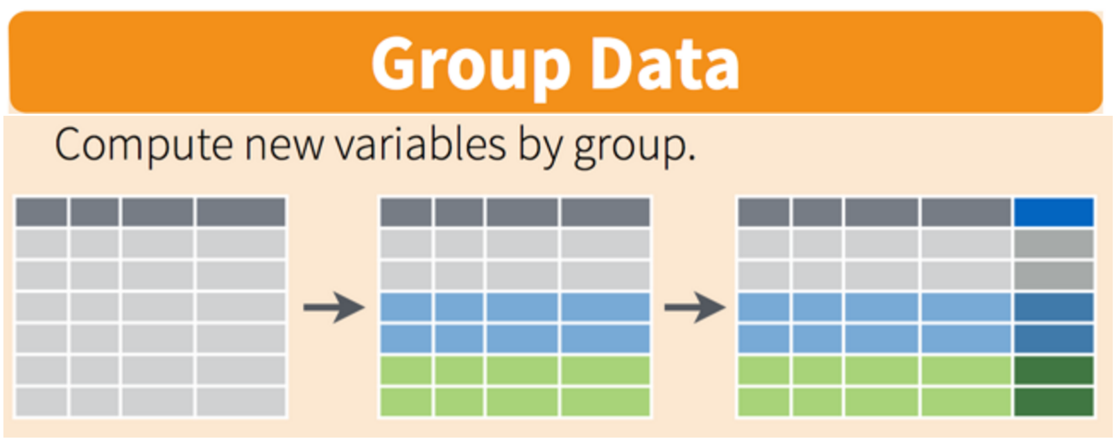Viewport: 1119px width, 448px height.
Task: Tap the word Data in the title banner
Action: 665,63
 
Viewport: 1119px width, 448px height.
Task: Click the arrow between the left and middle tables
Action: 333,307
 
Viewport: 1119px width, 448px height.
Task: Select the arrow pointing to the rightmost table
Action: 695,307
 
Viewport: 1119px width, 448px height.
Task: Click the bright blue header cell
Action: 1054,212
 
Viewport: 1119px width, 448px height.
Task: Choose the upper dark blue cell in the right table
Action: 1054,307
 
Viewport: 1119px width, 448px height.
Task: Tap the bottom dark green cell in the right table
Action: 1054,402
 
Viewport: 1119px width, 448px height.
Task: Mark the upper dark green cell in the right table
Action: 1054,370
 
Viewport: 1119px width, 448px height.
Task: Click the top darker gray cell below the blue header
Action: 1054,243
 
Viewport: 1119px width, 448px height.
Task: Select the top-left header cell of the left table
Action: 42,212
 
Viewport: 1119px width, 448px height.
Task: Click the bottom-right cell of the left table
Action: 241,402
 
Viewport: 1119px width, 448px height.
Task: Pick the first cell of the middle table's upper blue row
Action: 406,307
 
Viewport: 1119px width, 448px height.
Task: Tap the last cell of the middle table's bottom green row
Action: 605,402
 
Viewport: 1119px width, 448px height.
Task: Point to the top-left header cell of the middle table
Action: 406,212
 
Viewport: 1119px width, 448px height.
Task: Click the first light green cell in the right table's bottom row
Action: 764,402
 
